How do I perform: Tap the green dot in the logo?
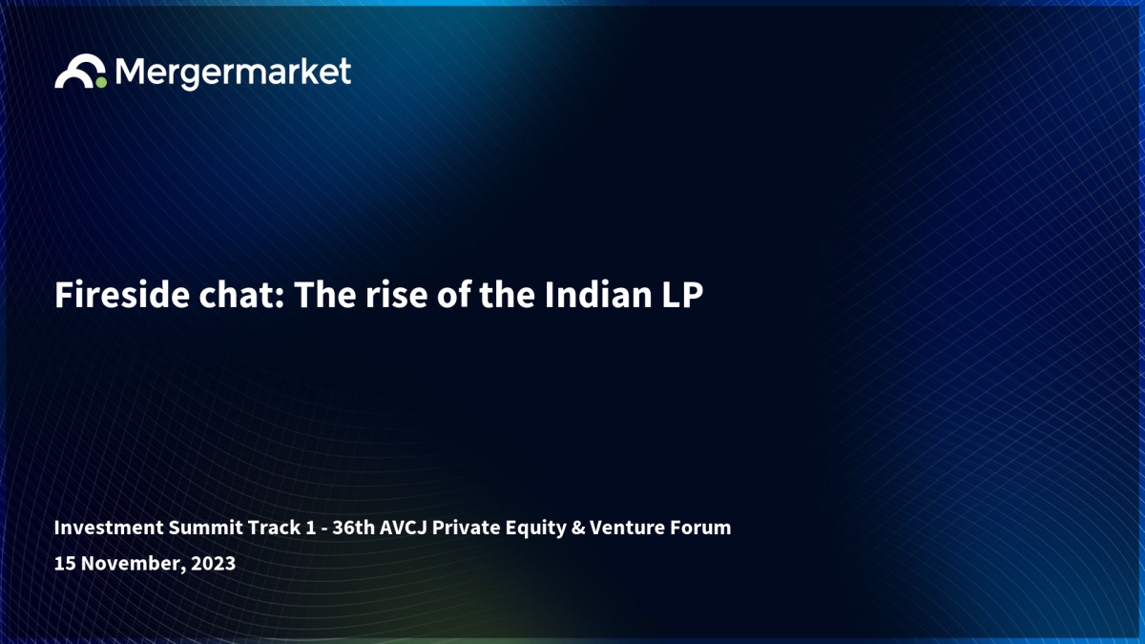pos(101,82)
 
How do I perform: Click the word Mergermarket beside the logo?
pos(233,73)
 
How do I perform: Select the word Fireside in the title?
pos(122,295)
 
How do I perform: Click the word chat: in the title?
pos(241,295)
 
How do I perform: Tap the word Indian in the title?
pos(598,295)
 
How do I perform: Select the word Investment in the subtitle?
pos(109,528)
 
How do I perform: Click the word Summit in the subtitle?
pos(206,528)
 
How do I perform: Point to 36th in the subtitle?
pos(354,528)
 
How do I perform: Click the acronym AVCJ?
pos(404,528)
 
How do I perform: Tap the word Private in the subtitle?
pos(467,528)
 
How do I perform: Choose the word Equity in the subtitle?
pos(535,529)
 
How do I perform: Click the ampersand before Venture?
pos(578,528)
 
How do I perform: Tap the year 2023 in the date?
pos(213,563)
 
